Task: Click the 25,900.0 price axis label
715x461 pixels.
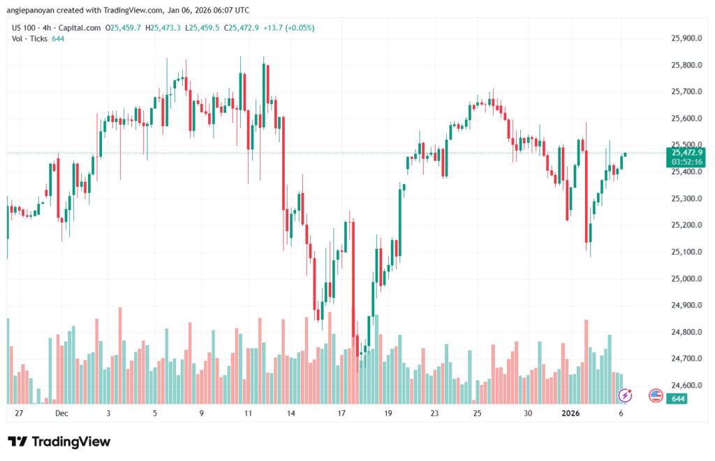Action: [x=685, y=38]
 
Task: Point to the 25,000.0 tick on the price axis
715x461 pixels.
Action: [x=685, y=278]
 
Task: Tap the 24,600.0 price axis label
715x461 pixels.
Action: [x=685, y=385]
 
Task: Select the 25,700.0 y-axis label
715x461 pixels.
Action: [x=685, y=91]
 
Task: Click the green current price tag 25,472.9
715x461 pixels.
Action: [x=686, y=152]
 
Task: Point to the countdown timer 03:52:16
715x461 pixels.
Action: [x=686, y=162]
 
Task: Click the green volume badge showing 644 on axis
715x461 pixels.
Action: [x=676, y=398]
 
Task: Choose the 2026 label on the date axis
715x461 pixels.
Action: [x=571, y=414]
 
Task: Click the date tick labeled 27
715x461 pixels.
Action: [x=19, y=414]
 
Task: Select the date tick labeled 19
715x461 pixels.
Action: [x=387, y=414]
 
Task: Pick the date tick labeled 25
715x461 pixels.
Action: [x=477, y=414]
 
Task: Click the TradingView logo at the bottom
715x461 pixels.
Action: [x=59, y=441]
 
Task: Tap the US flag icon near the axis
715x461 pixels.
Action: [x=655, y=395]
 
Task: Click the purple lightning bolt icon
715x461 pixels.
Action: [x=625, y=395]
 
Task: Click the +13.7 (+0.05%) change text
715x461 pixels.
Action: [x=288, y=28]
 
